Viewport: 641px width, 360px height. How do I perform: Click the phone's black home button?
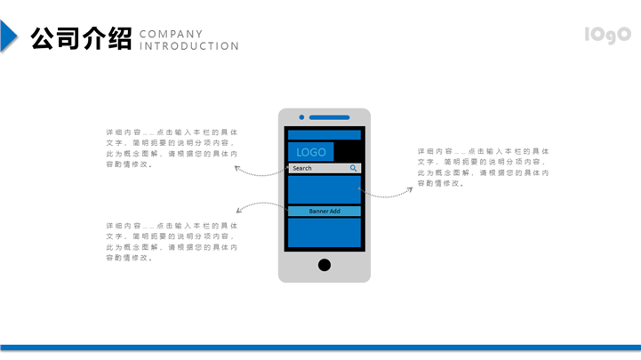point(325,265)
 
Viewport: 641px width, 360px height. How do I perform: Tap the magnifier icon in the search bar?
point(353,168)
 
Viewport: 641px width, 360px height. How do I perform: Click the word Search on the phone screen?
point(302,168)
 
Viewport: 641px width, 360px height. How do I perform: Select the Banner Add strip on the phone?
point(324,212)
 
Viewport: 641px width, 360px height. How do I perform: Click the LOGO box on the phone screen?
point(311,152)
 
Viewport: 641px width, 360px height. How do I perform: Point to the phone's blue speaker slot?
point(330,117)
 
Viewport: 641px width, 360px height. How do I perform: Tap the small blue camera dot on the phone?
point(302,117)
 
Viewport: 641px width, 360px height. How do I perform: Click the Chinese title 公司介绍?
point(81,38)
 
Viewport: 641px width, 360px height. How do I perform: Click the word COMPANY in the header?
point(172,34)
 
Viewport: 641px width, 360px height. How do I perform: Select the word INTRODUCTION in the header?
point(190,46)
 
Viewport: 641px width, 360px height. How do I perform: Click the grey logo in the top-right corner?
point(607,35)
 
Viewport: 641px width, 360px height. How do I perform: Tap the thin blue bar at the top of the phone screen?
point(324,135)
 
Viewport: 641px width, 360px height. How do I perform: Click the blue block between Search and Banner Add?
point(324,189)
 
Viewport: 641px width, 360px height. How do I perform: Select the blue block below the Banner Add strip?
point(324,232)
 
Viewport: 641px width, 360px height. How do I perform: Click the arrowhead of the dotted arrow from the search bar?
point(236,166)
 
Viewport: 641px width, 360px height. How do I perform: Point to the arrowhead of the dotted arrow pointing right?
point(411,188)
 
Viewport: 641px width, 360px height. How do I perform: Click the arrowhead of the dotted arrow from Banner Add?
point(237,210)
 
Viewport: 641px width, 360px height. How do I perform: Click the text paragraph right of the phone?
point(484,167)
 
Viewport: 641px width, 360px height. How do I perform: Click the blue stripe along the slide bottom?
point(320,348)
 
